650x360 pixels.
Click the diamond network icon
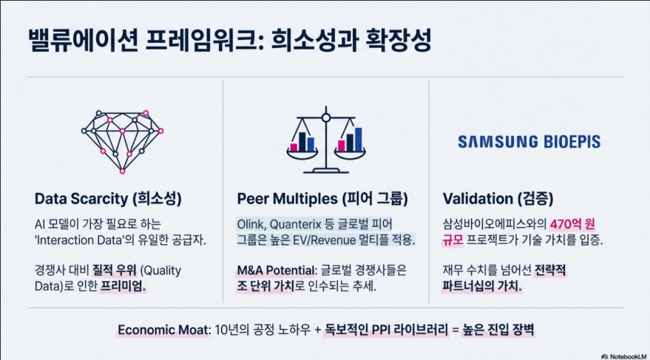click(x=122, y=142)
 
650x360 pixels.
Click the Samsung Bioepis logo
click(x=529, y=142)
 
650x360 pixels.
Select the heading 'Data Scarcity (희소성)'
click(x=108, y=198)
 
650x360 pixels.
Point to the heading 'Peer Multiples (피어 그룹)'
click(x=322, y=198)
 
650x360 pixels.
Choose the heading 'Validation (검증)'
click(x=498, y=198)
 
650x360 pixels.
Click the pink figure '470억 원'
click(x=572, y=224)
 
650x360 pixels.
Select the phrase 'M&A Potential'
click(x=277, y=271)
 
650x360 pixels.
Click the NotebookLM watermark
click(x=623, y=356)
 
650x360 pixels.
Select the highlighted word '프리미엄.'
click(x=123, y=286)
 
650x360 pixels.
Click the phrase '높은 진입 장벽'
click(x=498, y=330)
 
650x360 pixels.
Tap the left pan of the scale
click(x=302, y=153)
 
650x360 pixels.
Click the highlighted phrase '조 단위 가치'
click(x=265, y=286)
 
